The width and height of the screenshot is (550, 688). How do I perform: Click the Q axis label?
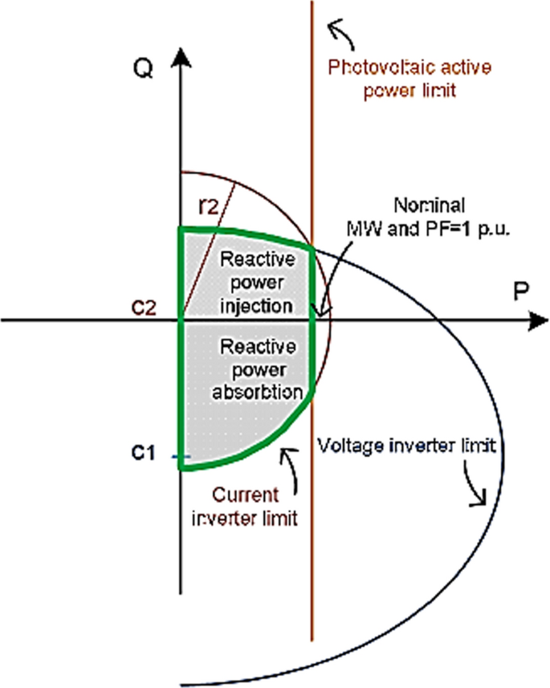144,71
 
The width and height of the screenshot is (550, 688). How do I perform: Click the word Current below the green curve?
244,495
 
